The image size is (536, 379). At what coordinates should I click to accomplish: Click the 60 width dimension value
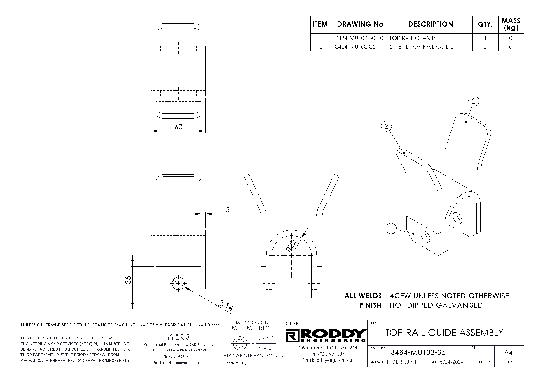tap(178, 127)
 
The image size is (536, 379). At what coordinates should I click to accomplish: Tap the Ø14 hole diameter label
tap(226, 305)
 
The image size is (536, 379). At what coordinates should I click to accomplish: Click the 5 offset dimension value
tap(227, 210)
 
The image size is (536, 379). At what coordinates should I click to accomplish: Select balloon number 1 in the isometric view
tap(391, 229)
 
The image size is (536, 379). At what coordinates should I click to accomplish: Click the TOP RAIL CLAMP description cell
tap(412, 38)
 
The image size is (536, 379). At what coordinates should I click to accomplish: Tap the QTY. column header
tap(485, 24)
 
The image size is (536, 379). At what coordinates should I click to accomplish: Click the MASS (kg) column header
tap(511, 24)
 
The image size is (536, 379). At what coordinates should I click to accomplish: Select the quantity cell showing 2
tap(485, 47)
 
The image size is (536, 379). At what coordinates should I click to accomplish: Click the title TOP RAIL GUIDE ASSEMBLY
tap(444, 333)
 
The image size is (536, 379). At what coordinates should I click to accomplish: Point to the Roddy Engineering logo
tap(326, 336)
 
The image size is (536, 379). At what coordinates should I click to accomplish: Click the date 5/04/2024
tap(451, 362)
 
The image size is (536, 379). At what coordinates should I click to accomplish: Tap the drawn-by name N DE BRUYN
tap(401, 362)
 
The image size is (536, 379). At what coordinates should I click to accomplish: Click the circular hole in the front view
tap(178, 283)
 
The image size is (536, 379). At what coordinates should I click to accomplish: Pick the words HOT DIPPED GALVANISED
tap(436, 305)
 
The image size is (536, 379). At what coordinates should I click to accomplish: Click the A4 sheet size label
tap(508, 353)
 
